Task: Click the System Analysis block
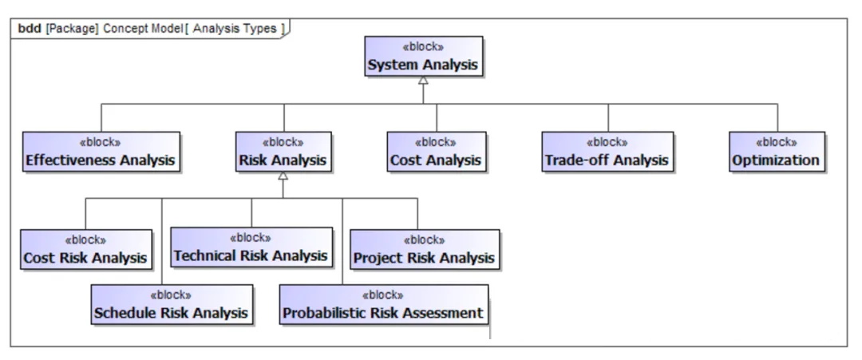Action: [x=424, y=56]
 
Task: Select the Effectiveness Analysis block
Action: [x=101, y=152]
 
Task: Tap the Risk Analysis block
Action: [x=283, y=152]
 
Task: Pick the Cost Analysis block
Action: [x=437, y=152]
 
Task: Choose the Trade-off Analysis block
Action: [x=607, y=152]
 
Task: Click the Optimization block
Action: [x=777, y=152]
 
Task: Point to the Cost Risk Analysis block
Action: [x=85, y=250]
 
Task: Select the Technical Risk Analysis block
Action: [x=251, y=247]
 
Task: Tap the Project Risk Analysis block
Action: [x=425, y=250]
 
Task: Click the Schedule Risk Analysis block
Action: [x=172, y=304]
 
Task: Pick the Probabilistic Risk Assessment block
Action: [x=384, y=304]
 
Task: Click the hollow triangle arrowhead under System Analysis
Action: [x=423, y=81]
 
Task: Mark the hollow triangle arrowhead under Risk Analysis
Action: [x=283, y=176]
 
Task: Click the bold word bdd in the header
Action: [x=30, y=29]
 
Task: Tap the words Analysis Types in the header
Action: [x=235, y=29]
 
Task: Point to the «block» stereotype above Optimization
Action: [x=777, y=143]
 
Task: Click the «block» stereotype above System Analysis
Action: [x=423, y=47]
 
